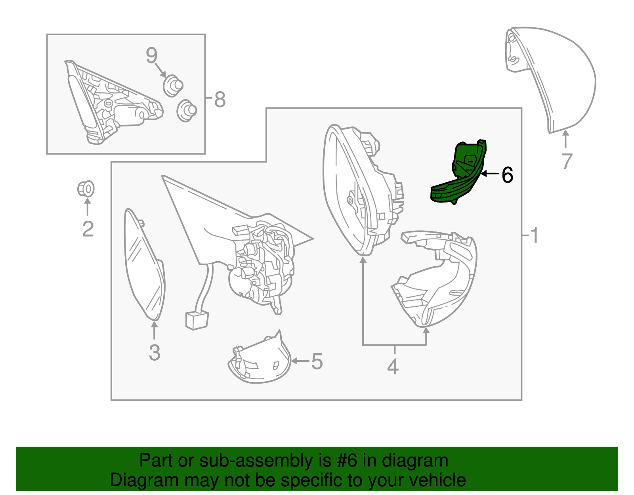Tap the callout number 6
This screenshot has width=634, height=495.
pos(507,175)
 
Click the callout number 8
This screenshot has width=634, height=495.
pos(220,99)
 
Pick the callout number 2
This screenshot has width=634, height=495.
pos(88,229)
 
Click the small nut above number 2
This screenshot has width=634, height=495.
pos(86,189)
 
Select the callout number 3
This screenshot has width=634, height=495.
pos(155,352)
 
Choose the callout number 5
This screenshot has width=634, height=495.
pos(317,361)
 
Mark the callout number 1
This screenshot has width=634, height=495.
pos(534,235)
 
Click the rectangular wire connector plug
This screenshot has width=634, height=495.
pos(197,320)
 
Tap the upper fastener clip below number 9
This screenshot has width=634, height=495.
pos(173,86)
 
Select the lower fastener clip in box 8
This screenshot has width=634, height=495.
pos(187,111)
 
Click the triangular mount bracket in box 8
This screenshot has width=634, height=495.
pos(112,102)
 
